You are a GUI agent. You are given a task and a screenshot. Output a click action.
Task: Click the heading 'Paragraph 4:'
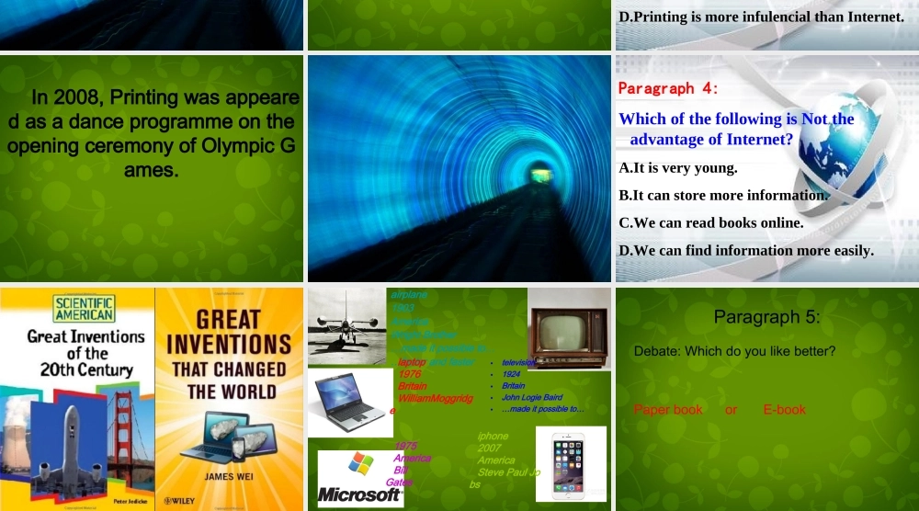668,88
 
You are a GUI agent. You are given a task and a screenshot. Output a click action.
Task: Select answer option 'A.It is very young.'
678,168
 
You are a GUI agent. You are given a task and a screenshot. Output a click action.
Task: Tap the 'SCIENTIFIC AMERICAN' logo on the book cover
85,308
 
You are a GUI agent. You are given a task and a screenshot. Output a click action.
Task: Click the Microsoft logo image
360,478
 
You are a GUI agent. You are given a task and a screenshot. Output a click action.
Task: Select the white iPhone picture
571,465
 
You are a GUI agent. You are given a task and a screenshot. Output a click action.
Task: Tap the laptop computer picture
350,403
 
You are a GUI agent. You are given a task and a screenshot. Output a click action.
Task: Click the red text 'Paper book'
668,409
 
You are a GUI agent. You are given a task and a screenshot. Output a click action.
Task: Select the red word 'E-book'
784,409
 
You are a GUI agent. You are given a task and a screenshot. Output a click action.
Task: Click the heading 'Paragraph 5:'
766,317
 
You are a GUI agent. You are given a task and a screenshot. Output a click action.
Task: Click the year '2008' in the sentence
81,97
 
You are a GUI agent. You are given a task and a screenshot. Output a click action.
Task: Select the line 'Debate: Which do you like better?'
734,351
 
